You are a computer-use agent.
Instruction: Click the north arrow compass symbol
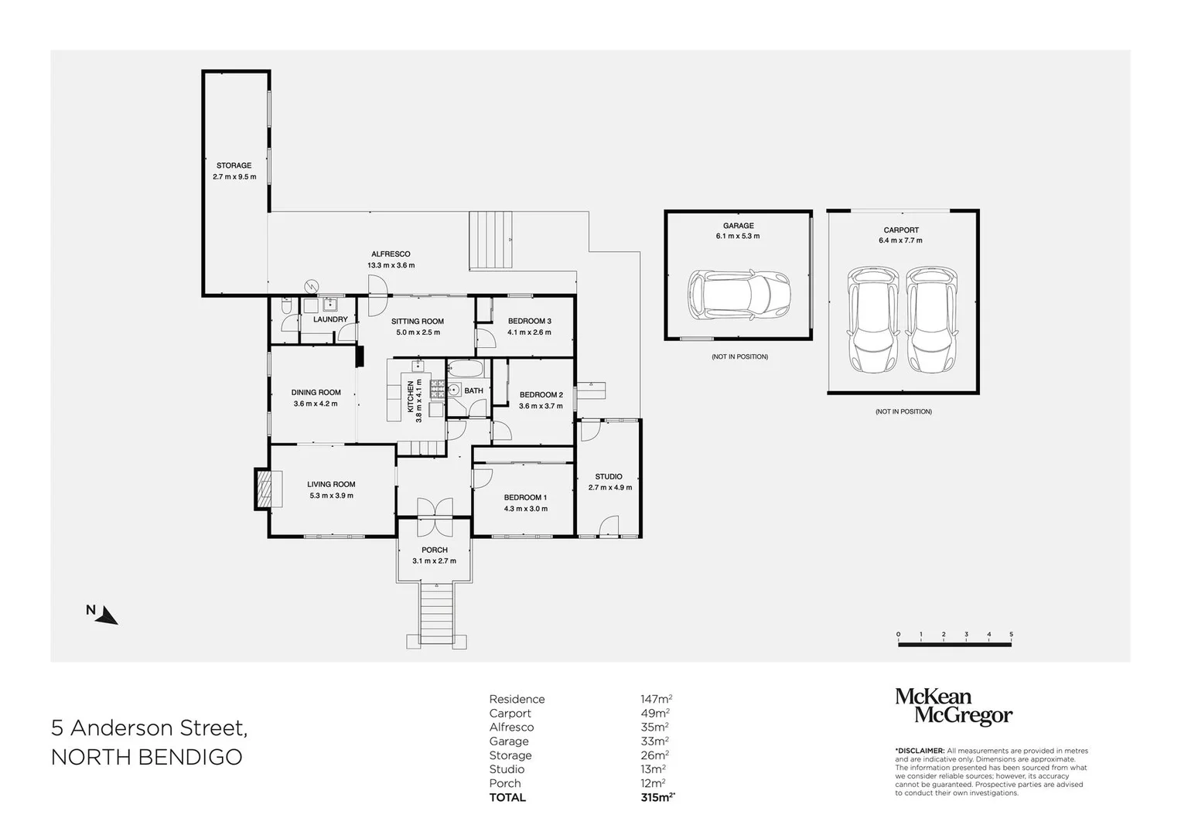click(108, 615)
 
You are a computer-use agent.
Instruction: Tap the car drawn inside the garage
click(739, 295)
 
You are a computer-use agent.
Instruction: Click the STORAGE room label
click(234, 165)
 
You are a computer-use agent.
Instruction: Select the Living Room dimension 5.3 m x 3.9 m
click(332, 496)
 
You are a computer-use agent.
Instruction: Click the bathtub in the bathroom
click(465, 368)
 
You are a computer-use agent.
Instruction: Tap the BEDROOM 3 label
click(529, 321)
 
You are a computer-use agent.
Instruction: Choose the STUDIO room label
click(609, 476)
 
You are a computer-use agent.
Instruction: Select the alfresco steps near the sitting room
click(491, 240)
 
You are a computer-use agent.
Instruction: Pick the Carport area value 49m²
click(655, 713)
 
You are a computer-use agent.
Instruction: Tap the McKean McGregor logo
click(954, 707)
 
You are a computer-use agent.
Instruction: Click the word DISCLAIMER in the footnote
click(920, 751)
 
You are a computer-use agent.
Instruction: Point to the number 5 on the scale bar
click(1011, 634)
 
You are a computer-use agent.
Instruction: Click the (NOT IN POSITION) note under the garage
click(739, 357)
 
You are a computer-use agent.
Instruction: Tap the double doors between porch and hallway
click(435, 516)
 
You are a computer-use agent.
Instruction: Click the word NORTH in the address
click(90, 757)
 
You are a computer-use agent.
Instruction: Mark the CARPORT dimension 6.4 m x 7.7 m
click(900, 240)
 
